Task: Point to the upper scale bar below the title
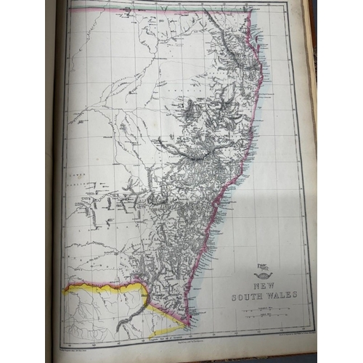point(262,309)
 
